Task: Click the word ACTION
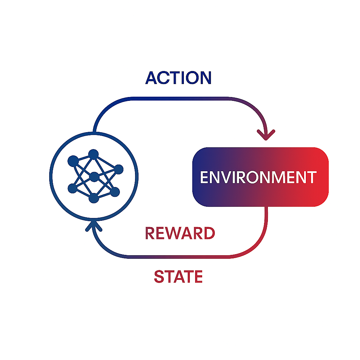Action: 178,78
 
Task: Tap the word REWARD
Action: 180,233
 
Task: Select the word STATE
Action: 178,276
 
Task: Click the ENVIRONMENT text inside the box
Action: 258,177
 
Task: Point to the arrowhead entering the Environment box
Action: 266,135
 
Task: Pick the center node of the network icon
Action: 94,177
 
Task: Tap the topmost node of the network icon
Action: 94,154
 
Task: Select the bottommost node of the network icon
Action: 94,198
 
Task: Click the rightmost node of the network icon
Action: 119,169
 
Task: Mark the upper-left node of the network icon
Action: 73,161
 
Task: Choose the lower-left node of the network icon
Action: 72,188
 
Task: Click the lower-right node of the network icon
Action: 115,192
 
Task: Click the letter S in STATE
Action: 159,276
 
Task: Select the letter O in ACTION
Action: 192,78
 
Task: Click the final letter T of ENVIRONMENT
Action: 312,177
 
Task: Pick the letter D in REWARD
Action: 210,233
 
